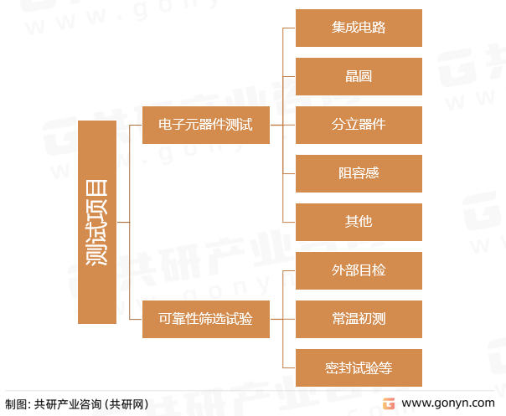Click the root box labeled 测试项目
click(x=97, y=222)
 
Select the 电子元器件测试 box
click(x=205, y=125)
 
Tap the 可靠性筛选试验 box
click(x=205, y=319)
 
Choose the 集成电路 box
click(x=359, y=28)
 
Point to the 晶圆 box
click(x=359, y=76)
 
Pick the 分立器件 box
click(x=359, y=125)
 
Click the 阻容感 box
click(x=359, y=173)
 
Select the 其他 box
click(x=359, y=222)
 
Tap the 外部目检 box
click(x=359, y=270)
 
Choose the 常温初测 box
click(x=359, y=319)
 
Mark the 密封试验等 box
click(x=359, y=367)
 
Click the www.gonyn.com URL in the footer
click(x=447, y=403)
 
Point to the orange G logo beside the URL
click(x=388, y=403)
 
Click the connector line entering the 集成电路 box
click(x=290, y=28)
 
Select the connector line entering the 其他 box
click(x=290, y=222)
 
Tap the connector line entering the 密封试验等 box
click(x=290, y=367)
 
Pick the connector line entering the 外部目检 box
click(x=290, y=270)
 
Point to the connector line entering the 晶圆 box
click(x=290, y=76)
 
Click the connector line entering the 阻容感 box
click(x=290, y=173)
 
